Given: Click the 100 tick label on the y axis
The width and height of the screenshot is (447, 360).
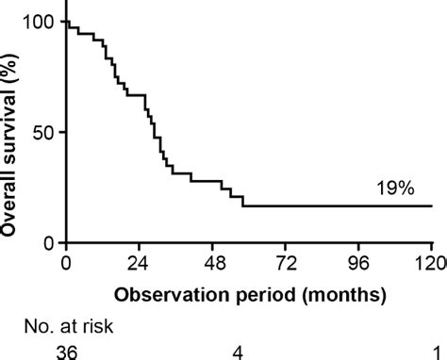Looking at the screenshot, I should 36,21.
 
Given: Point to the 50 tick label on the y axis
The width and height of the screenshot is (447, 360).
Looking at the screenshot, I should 41,131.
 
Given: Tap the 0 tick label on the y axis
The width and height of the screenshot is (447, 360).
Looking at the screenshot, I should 47,242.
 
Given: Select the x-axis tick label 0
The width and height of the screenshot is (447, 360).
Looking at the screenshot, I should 66,264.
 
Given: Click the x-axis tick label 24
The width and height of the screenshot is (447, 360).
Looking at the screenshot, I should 139,264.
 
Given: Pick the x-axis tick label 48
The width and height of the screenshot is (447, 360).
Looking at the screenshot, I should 212,264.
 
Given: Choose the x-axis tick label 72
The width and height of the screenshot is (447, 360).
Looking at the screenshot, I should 286,264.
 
